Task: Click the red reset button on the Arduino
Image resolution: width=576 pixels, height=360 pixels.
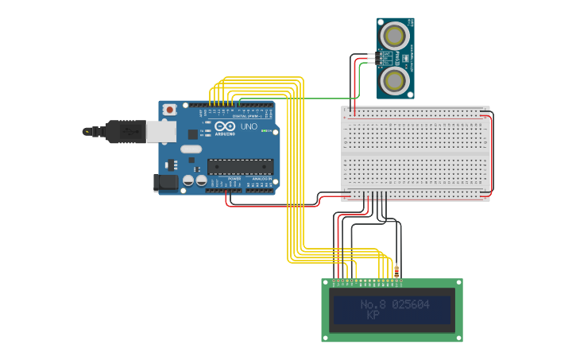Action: [x=169, y=109]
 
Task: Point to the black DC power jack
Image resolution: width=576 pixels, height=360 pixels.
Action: [x=165, y=182]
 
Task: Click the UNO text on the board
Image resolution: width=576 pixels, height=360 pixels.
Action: [x=249, y=126]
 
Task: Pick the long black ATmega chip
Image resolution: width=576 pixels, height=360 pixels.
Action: [x=240, y=166]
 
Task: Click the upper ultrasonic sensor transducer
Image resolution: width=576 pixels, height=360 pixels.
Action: [x=395, y=36]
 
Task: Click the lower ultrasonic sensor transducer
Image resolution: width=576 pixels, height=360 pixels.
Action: [x=395, y=80]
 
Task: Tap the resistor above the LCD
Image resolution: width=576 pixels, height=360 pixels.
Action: [x=396, y=272]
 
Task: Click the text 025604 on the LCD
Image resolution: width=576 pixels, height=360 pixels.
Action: [x=411, y=304]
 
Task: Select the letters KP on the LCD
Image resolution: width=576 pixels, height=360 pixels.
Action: [x=373, y=315]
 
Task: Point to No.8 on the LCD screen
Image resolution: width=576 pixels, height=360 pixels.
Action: [x=373, y=304]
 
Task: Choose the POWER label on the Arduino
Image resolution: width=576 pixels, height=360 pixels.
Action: [x=234, y=179]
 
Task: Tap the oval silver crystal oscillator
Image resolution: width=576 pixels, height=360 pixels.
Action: [x=191, y=149]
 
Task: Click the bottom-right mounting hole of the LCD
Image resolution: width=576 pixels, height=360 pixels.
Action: [x=458, y=337]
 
